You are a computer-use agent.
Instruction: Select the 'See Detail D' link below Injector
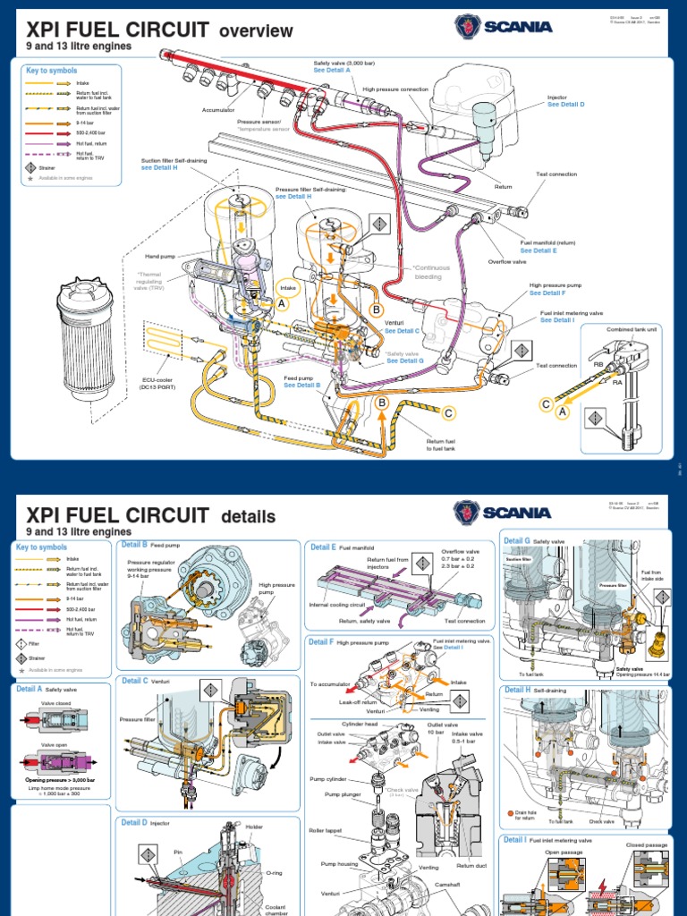pos(565,105)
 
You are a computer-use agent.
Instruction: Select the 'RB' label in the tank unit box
pos(598,365)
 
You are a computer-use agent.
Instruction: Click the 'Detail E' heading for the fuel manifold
pos(322,547)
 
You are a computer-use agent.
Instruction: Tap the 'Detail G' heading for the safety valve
pos(517,541)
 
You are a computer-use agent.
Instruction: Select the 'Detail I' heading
pos(515,840)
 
